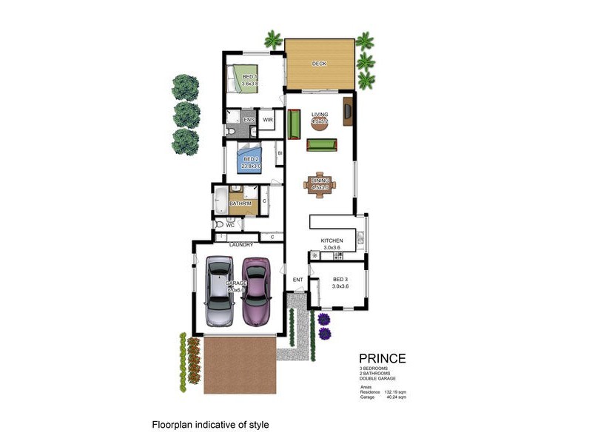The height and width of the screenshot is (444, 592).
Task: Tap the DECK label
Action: click(x=319, y=64)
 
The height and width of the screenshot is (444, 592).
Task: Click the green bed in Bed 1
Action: click(x=243, y=78)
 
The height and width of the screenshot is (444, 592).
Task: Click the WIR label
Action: click(x=268, y=120)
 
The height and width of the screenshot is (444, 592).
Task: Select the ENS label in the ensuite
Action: click(x=249, y=120)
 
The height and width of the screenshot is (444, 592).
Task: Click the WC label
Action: click(x=230, y=225)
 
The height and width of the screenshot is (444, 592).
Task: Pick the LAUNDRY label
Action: click(x=241, y=245)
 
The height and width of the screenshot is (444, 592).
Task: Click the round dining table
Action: click(x=319, y=184)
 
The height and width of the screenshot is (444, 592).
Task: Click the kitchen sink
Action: click(x=360, y=238)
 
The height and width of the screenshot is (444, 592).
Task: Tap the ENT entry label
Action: click(x=298, y=280)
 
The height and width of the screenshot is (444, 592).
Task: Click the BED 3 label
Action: click(x=340, y=278)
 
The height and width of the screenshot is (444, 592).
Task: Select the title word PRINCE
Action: click(x=382, y=359)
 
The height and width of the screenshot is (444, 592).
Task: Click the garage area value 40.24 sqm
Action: click(x=394, y=397)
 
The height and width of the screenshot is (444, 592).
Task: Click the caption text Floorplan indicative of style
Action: click(x=209, y=425)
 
